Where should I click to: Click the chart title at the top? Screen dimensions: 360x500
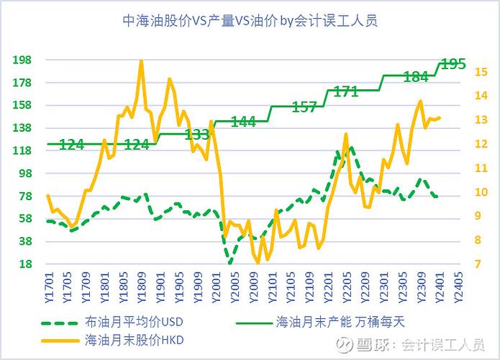click(250, 21)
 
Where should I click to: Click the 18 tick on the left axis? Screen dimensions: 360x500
click(25, 264)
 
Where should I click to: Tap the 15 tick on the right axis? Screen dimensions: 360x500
click(461, 71)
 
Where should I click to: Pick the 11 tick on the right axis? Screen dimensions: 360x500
click(461, 168)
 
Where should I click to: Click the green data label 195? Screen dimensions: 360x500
click(453, 63)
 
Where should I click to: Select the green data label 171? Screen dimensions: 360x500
click(346, 91)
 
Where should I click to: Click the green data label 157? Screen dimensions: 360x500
click(304, 107)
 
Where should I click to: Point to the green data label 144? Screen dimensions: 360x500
click(243, 122)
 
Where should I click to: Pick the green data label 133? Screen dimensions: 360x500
click(197, 135)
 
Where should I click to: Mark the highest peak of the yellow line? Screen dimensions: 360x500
click(141, 61)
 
